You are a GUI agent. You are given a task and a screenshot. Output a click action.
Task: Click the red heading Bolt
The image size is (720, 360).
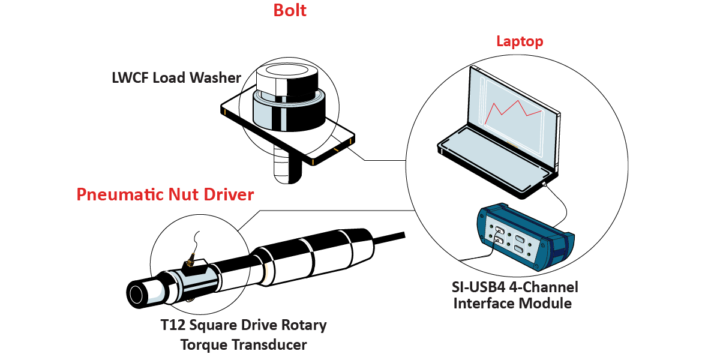click(290, 10)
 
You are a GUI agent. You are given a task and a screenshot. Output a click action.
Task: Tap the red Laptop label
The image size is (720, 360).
click(520, 41)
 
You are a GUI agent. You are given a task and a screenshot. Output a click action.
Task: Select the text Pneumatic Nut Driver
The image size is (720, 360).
click(165, 194)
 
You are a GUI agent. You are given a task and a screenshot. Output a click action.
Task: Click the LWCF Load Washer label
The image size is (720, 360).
click(176, 78)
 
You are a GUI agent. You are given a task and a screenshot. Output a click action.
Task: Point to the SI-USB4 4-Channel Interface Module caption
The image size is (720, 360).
click(512, 295)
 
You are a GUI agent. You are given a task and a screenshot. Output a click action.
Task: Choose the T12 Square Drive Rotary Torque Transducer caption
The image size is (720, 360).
click(244, 335)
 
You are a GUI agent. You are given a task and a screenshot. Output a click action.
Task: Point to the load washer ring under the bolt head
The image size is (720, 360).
click(288, 111)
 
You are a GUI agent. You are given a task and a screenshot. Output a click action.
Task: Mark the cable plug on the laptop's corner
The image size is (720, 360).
click(544, 185)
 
